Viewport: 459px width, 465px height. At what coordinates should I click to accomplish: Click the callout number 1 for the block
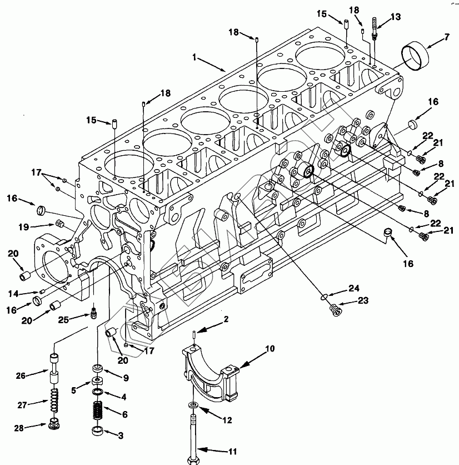pos(194,57)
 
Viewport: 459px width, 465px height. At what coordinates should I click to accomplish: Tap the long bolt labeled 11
pos(193,439)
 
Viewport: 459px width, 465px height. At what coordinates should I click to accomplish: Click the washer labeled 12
pos(193,405)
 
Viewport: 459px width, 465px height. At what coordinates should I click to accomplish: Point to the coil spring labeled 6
pos(97,410)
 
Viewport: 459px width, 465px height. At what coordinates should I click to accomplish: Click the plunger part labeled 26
pos(54,368)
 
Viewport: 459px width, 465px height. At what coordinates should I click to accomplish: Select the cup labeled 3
pos(97,431)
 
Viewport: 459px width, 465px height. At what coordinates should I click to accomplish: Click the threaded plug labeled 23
pos(336,310)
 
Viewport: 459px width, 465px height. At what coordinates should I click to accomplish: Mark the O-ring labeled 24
pos(324,296)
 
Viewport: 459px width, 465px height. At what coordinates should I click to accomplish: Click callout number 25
pos(63,320)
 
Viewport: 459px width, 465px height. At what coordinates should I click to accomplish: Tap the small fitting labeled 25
pos(94,313)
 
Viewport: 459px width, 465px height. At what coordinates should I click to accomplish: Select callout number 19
pos(24,227)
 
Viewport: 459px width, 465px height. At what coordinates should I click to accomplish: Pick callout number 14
pos(14,294)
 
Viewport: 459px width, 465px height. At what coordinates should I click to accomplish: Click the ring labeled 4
pos(97,392)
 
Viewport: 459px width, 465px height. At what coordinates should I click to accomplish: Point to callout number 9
pos(126,378)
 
